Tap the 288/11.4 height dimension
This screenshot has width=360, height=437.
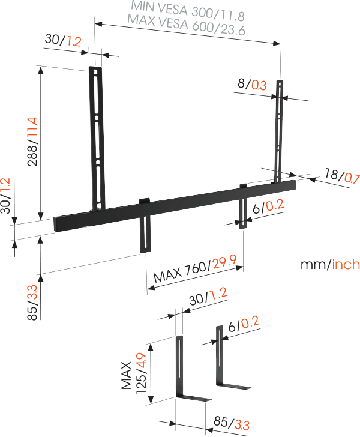[x=32, y=142]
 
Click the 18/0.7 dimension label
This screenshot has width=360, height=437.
[x=341, y=176]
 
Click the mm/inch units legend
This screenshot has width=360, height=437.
[x=331, y=264]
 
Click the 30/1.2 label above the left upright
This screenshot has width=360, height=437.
[x=62, y=41]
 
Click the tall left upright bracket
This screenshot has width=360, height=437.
[x=96, y=138]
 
